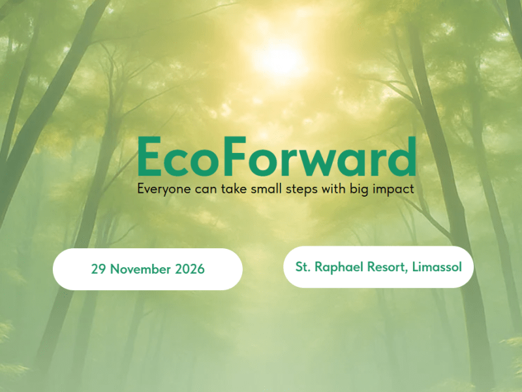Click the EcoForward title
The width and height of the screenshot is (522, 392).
point(277,157)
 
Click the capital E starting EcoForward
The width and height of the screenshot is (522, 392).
point(151,157)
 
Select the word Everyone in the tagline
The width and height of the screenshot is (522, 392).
point(161,189)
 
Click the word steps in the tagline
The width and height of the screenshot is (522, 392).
point(298,189)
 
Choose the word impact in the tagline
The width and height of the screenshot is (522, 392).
point(393,189)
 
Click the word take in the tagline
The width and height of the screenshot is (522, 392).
point(228,189)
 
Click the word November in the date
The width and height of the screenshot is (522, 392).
point(140,269)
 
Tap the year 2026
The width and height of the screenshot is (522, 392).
point(189,269)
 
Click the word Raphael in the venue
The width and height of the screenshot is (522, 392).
point(340,267)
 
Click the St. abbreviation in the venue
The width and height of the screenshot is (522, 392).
point(303,267)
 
